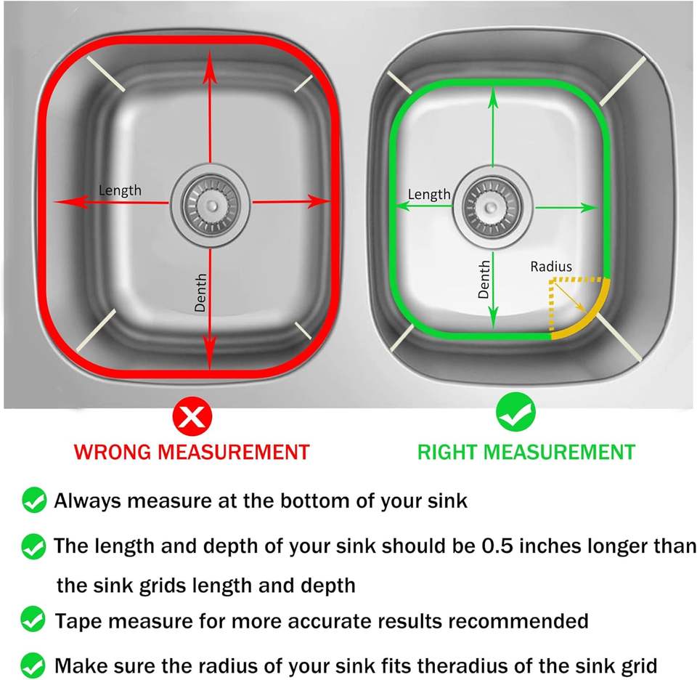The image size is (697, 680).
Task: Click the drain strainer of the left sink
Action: [x=211, y=206]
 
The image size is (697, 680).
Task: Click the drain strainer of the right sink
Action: [x=492, y=208]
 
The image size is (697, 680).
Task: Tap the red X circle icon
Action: [x=192, y=417]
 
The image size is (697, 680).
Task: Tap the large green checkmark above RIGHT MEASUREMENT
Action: [x=515, y=412]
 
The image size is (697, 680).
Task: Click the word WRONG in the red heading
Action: [x=114, y=453]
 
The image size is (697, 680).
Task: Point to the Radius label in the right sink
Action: [x=551, y=267]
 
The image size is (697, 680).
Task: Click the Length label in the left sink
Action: [x=120, y=191]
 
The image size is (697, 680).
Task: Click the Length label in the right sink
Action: [x=429, y=195]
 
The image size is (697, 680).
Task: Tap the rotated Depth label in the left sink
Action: [x=200, y=292]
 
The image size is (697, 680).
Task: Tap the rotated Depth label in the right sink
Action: [x=484, y=279]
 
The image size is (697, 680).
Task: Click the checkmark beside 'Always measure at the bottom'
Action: [x=34, y=501]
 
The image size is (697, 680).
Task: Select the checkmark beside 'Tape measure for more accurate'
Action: [x=33, y=619]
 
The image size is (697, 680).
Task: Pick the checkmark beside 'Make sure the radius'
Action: [x=33, y=665]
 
